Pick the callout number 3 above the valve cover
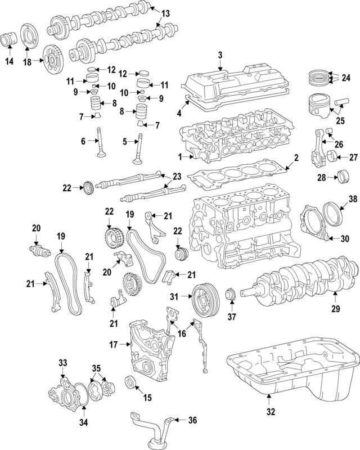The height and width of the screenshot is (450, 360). [x=220, y=55]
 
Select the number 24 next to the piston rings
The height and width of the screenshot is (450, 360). [x=346, y=76]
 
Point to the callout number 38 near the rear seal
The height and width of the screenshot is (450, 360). [x=353, y=199]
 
